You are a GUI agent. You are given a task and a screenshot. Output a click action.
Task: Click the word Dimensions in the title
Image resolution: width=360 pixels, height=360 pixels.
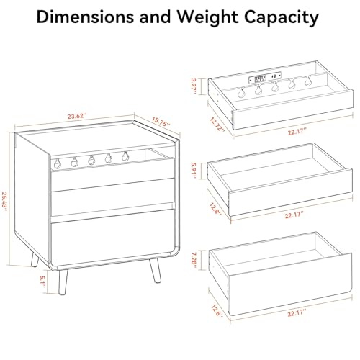(85, 17)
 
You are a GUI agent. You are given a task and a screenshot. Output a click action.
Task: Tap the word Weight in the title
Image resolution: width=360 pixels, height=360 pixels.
(208, 18)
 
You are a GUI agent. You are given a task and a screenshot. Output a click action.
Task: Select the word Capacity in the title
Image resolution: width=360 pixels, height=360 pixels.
(282, 18)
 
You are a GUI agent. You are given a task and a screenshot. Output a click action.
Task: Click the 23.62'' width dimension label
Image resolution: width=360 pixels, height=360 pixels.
(77, 117)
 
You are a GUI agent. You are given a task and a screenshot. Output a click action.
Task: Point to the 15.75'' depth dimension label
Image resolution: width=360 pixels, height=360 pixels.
(161, 122)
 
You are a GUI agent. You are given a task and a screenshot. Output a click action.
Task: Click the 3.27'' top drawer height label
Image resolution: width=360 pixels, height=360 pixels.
(194, 86)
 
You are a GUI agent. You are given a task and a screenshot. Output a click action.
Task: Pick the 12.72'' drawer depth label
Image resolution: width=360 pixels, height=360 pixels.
(217, 125)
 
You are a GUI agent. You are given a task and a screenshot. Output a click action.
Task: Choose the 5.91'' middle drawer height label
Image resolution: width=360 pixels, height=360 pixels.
(194, 171)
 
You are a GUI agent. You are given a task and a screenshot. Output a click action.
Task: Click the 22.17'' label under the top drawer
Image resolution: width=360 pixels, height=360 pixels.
(297, 132)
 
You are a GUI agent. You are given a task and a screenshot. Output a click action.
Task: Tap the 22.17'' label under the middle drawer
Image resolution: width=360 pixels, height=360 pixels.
(294, 215)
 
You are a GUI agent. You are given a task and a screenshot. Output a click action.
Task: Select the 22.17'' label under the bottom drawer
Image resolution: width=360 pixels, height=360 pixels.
(297, 313)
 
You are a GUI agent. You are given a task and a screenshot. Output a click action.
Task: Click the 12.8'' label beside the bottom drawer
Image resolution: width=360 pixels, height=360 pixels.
(217, 310)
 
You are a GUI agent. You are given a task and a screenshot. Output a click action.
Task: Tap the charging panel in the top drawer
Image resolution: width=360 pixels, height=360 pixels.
(265, 78)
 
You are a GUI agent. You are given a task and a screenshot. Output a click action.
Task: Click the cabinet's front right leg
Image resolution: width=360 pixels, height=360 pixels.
(155, 270)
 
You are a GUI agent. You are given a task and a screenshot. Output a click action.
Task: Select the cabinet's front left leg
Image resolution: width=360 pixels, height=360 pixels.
(63, 282)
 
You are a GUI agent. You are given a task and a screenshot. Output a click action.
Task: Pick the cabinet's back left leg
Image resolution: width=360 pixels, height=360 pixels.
(35, 261)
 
